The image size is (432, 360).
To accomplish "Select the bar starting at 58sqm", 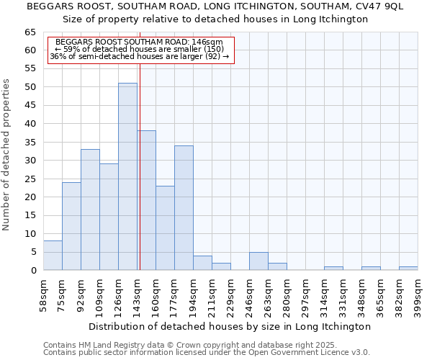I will [53, 256].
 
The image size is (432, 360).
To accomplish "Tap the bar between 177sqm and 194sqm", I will [184, 208].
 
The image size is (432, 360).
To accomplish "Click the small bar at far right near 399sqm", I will [408, 269].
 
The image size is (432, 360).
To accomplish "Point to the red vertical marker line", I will [140, 180].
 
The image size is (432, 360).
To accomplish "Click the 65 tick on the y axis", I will [31, 32].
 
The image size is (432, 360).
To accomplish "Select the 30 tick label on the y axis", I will [31, 161].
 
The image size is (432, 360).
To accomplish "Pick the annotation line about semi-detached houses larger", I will [140, 56].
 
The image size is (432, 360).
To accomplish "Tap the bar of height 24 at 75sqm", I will [71, 226].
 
